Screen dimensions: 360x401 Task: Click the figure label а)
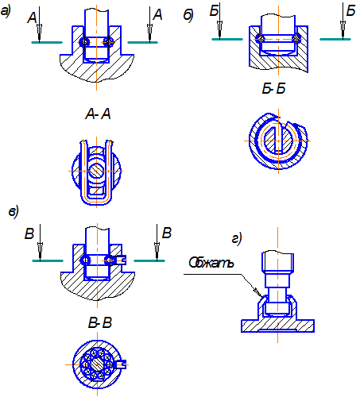6,11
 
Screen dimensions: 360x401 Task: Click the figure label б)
188,15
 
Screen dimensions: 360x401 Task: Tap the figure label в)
14,212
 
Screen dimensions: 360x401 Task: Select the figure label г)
237,238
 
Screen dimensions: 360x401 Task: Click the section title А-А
98,114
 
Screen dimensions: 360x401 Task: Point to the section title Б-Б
273,88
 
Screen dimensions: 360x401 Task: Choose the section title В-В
100,323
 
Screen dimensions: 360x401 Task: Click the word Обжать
211,263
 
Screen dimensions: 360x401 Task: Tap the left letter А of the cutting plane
32,17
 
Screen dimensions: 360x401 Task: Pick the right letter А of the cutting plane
157,14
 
